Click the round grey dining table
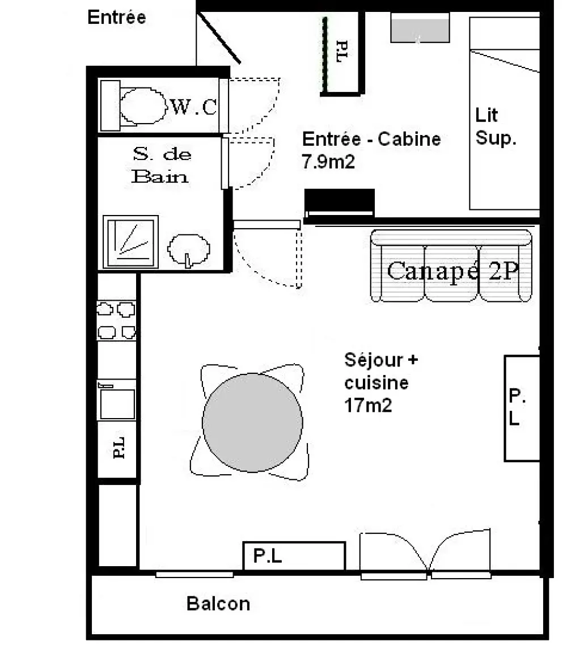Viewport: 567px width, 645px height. [252, 423]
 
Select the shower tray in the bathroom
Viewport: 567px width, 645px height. [131, 242]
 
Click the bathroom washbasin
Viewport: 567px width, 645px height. [189, 249]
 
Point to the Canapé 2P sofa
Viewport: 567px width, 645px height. [451, 265]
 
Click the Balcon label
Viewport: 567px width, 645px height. [218, 604]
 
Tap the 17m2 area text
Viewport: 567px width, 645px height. [367, 405]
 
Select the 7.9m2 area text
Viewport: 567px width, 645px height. [328, 161]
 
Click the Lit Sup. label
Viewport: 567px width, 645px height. [496, 127]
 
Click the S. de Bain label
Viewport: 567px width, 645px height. [161, 165]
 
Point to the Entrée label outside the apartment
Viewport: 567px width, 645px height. [117, 17]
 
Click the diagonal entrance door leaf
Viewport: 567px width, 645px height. [219, 38]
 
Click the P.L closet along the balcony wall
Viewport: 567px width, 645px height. [294, 556]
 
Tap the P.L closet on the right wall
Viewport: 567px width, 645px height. [522, 408]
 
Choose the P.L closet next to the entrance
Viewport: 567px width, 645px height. [342, 53]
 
